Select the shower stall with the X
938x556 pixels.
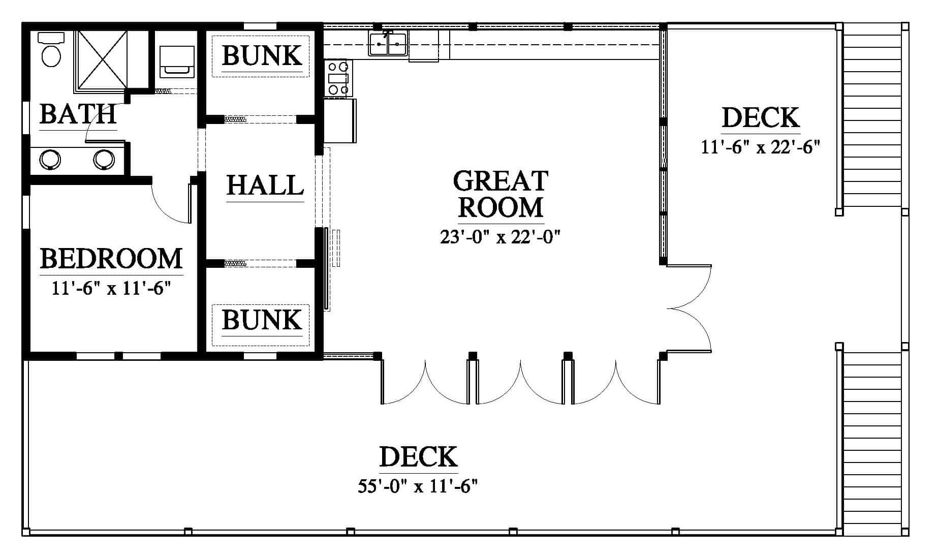[101, 59]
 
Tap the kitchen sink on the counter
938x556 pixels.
[388, 43]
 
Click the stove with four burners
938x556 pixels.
[338, 78]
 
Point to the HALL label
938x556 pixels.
[265, 185]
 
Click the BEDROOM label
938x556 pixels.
[111, 258]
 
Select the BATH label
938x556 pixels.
[78, 114]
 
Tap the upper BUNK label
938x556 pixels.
[262, 55]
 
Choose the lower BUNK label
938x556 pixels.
[262, 320]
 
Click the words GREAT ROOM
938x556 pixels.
[501, 194]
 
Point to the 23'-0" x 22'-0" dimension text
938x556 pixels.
[500, 237]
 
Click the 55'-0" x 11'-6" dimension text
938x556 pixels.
[418, 486]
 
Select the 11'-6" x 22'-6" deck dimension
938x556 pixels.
[761, 147]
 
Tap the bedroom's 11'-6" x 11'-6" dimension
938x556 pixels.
[111, 288]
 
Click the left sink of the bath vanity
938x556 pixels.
[50, 160]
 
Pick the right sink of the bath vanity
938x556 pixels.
[104, 160]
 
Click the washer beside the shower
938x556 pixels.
[177, 61]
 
